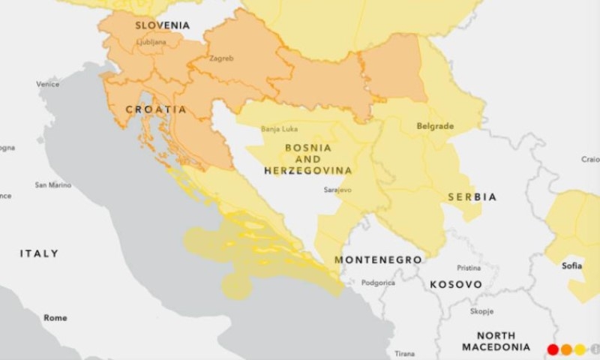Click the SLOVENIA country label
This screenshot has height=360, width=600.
pyautogui.click(x=162, y=25)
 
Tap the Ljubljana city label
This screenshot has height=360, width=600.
pyautogui.click(x=151, y=42)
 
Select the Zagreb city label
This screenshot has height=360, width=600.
pyautogui.click(x=221, y=58)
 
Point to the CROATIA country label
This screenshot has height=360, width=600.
pyautogui.click(x=156, y=109)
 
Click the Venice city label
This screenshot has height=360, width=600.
pyautogui.click(x=48, y=84)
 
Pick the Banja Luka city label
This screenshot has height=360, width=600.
pyautogui.click(x=279, y=129)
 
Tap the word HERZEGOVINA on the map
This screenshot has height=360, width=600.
pyautogui.click(x=307, y=171)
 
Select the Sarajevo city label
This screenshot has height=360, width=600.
pyautogui.click(x=337, y=190)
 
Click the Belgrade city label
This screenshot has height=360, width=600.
pyautogui.click(x=435, y=126)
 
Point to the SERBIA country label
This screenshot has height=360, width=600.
pyautogui.click(x=472, y=196)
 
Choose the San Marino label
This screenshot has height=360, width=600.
pyautogui.click(x=53, y=184)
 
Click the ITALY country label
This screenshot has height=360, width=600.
pyautogui.click(x=39, y=254)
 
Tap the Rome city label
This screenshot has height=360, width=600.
pyautogui.click(x=55, y=318)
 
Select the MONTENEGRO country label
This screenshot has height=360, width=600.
pyautogui.click(x=378, y=259)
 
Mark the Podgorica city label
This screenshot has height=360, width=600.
pyautogui.click(x=378, y=283)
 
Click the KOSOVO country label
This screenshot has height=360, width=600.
pyautogui.click(x=455, y=285)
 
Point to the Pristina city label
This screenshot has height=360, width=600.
pyautogui.click(x=469, y=268)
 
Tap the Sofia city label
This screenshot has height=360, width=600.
pyautogui.click(x=572, y=265)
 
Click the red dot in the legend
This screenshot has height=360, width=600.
pyautogui.click(x=553, y=349)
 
